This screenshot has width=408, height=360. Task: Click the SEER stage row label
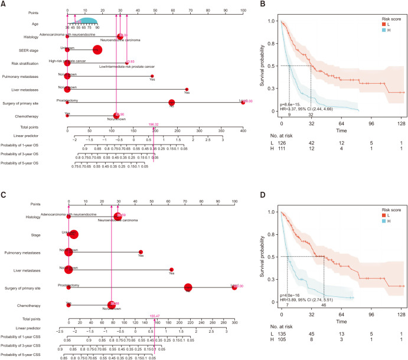click(31, 49)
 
